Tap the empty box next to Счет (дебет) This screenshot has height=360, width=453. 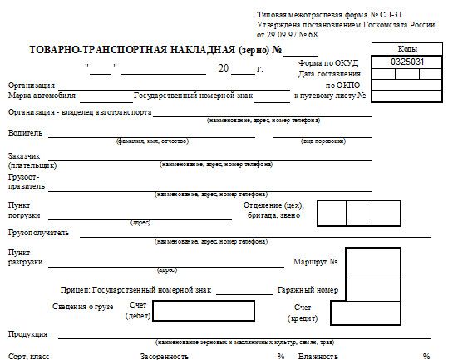[x=202, y=313]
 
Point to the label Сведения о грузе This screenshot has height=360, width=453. [x=82, y=307]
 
